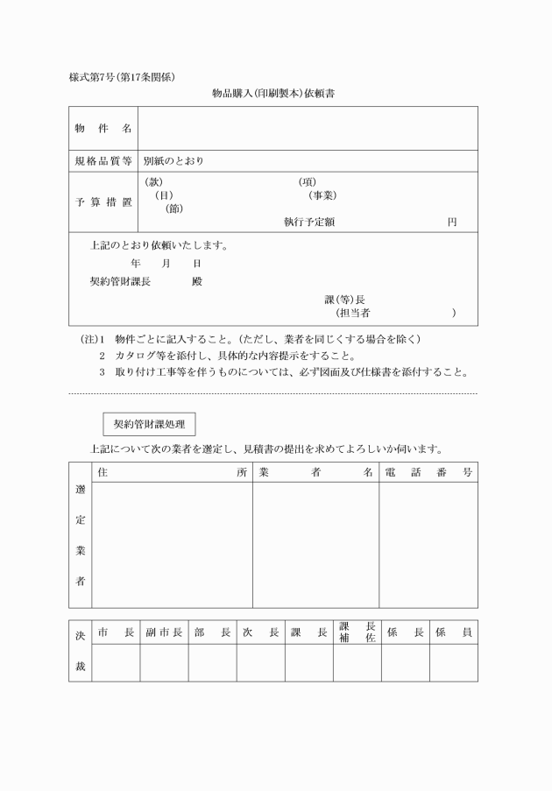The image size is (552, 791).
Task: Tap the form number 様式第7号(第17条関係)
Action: pyautogui.click(x=127, y=77)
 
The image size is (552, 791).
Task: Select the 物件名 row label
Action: pyautogui.click(x=103, y=129)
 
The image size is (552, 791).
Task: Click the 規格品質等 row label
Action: pyautogui.click(x=103, y=161)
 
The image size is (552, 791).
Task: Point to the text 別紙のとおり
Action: pyautogui.click(x=173, y=161)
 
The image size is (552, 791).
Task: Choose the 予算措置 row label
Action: pyautogui.click(x=103, y=202)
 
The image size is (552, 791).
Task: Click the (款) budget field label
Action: pyautogui.click(x=153, y=182)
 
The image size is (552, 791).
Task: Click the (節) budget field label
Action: pyautogui.click(x=174, y=208)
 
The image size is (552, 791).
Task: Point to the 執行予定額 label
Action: pyautogui.click(x=309, y=222)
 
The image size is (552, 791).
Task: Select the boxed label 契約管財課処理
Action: pyautogui.click(x=149, y=424)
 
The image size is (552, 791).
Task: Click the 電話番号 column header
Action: pyautogui.click(x=428, y=472)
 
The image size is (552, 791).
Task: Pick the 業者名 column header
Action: pyautogui.click(x=315, y=472)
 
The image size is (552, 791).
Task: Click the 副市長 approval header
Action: pyautogui.click(x=164, y=632)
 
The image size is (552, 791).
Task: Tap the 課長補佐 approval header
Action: pyautogui.click(x=357, y=632)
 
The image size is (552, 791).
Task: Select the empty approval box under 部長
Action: pyautogui.click(x=212, y=663)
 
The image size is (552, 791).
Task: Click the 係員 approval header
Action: pyautogui.click(x=453, y=632)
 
